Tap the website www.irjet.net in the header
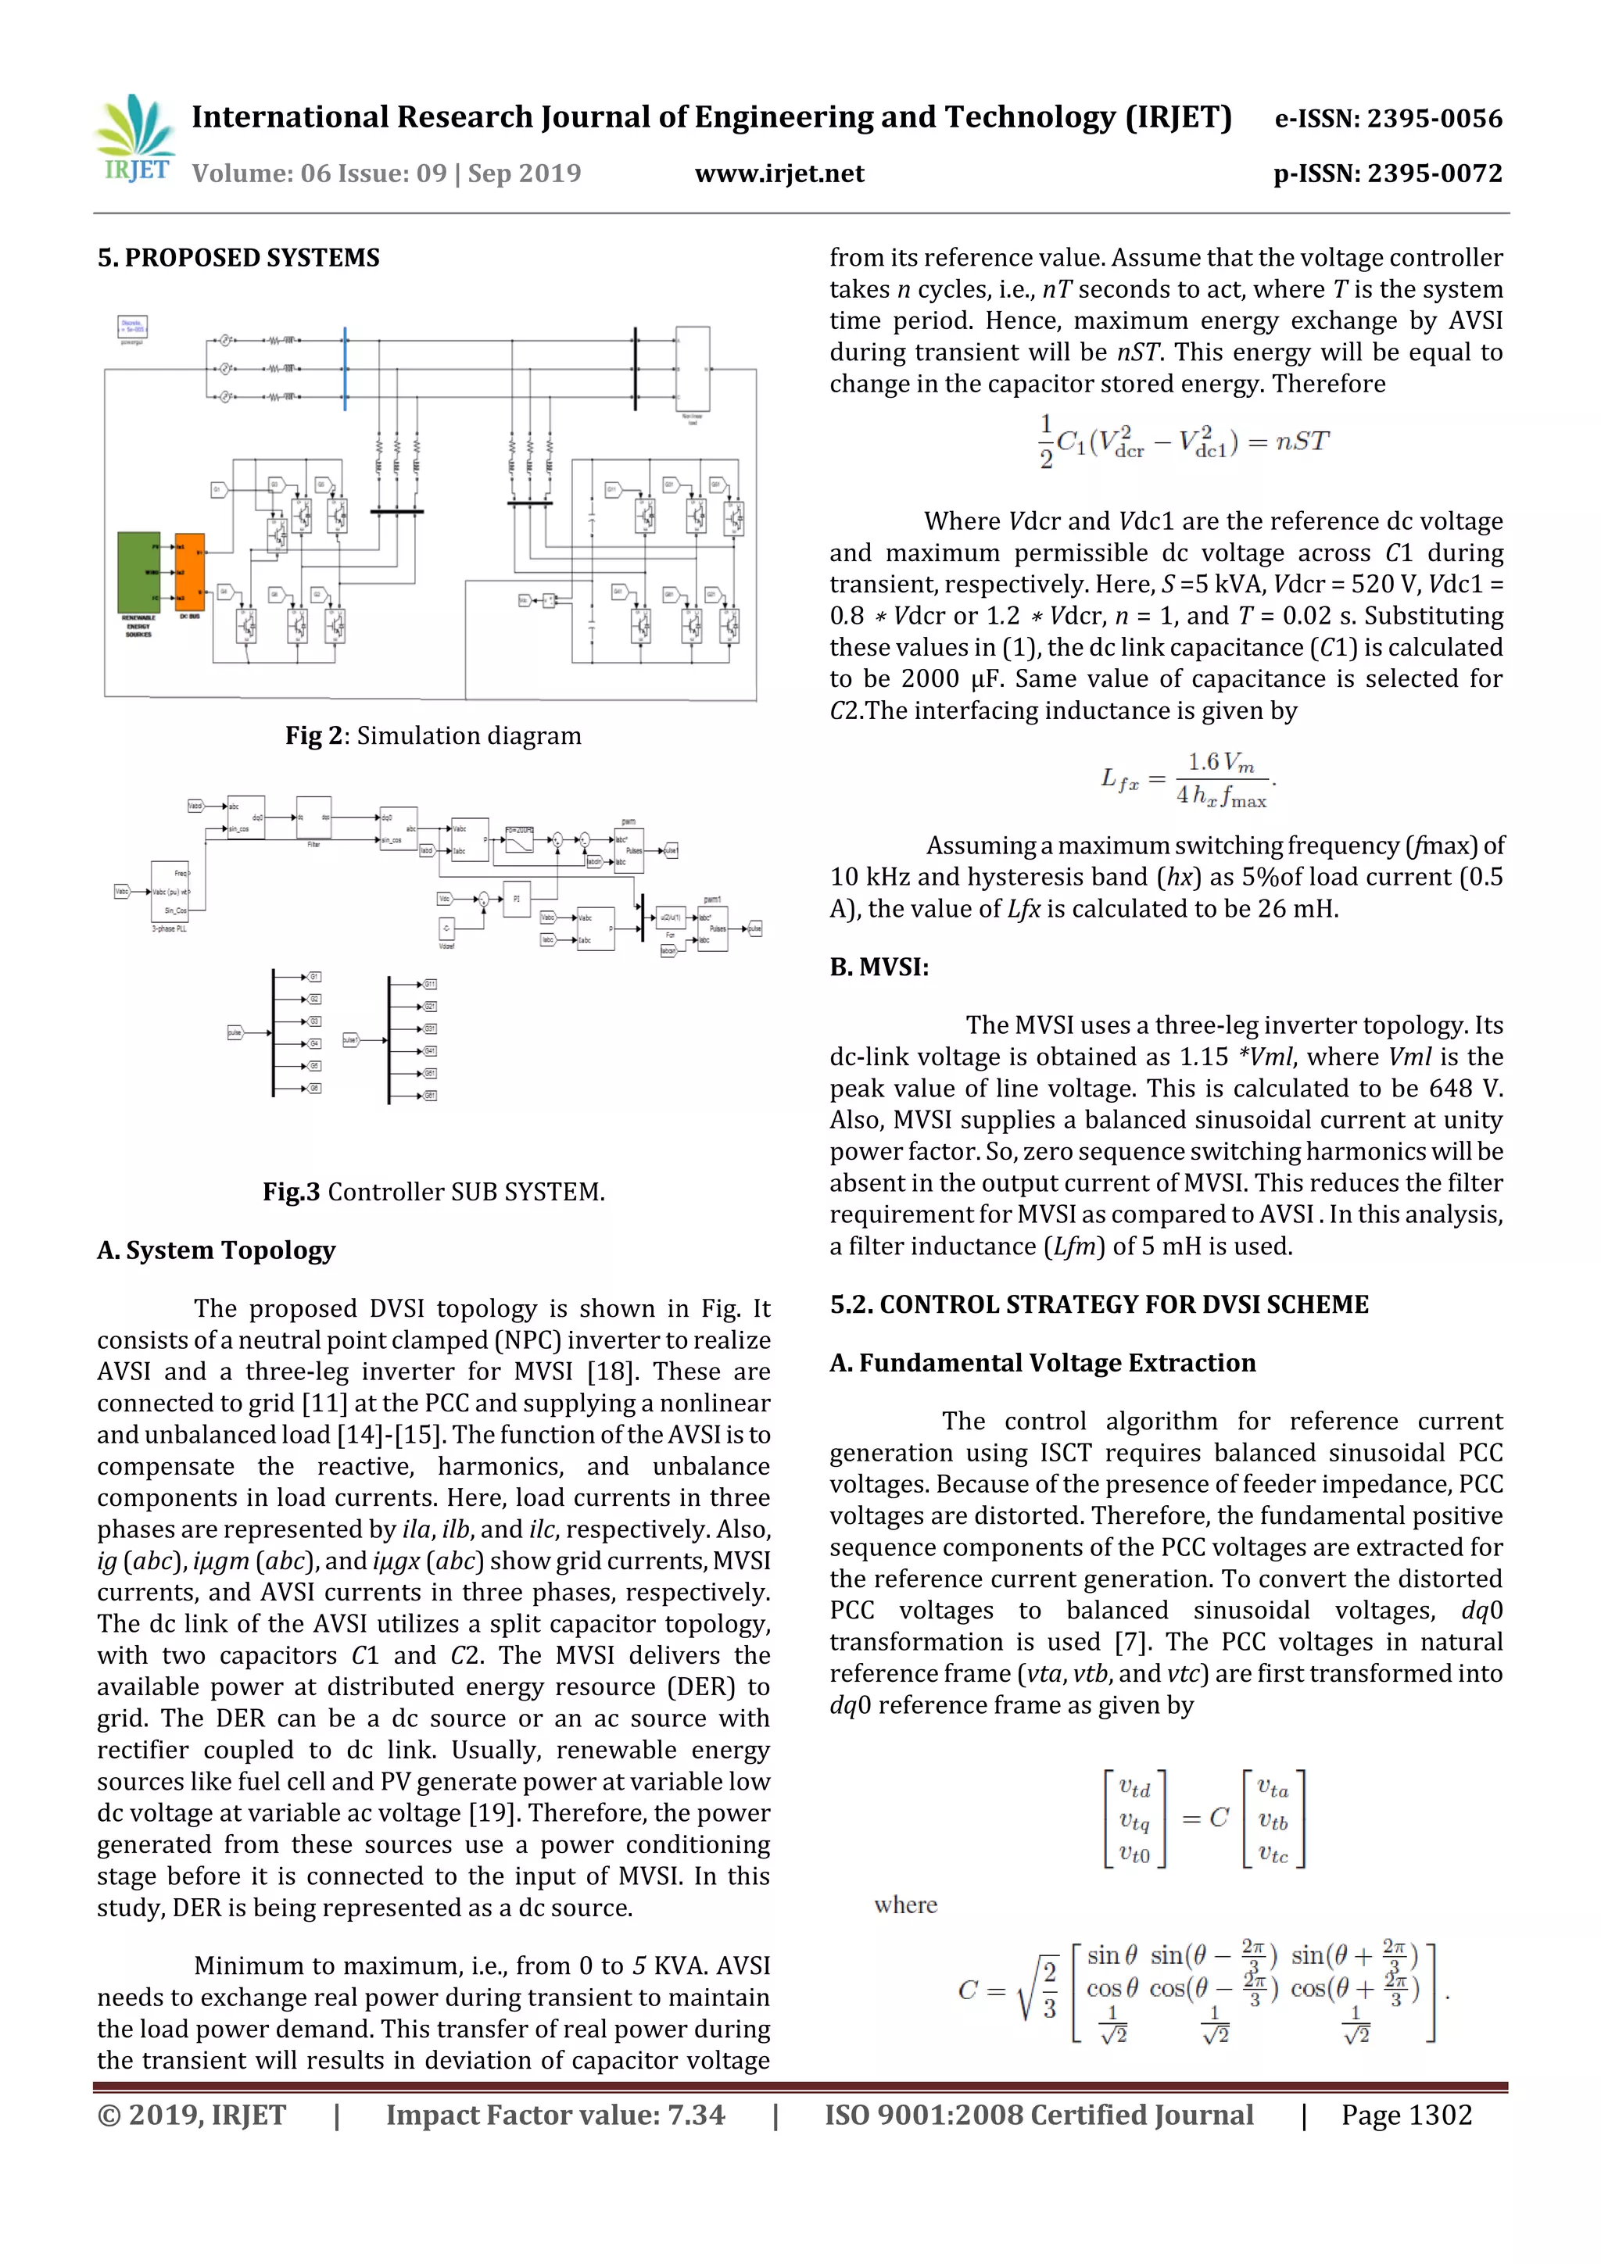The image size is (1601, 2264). [x=779, y=173]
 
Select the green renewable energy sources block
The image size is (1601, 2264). [x=139, y=572]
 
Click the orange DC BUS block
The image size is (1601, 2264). [x=188, y=572]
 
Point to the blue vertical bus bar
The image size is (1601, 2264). [x=346, y=369]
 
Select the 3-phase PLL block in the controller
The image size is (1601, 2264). [x=169, y=892]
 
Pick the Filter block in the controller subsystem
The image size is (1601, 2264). [x=313, y=817]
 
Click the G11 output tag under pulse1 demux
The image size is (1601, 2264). [x=430, y=984]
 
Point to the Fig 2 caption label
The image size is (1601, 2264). [x=433, y=735]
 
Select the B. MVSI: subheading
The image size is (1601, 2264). [x=879, y=967]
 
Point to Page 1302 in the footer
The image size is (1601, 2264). [x=1406, y=2115]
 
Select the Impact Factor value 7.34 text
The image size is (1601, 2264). [x=554, y=2115]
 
